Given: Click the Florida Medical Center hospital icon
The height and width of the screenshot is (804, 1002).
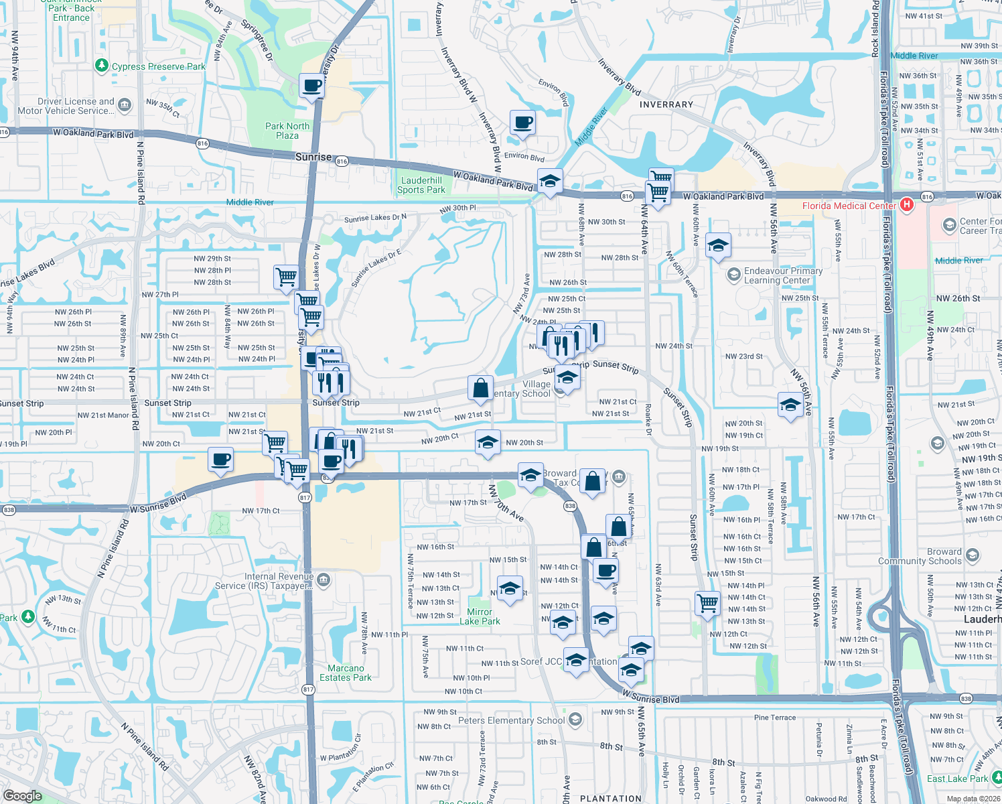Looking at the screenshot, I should pos(907,205).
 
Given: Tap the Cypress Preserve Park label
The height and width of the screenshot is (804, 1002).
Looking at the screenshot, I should pos(158,66).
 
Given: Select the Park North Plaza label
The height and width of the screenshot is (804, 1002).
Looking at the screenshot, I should pos(287,131).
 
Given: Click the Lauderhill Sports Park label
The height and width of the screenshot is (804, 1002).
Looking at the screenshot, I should pos(421,185).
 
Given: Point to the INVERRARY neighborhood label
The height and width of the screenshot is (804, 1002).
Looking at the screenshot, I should pos(666,105).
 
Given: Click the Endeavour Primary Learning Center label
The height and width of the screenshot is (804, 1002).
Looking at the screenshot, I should pos(783,275).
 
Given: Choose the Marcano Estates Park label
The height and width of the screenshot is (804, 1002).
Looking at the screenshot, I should pos(346,673).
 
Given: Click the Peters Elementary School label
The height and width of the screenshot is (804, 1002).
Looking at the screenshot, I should pos(512,720).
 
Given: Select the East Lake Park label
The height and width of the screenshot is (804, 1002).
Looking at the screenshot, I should pos(957,779).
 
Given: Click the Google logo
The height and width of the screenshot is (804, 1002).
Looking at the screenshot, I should pos(22,795).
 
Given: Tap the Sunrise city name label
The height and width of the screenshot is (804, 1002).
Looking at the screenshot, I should pos(313,157).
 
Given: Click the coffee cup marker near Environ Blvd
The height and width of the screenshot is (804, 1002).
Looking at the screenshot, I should pos(522,123).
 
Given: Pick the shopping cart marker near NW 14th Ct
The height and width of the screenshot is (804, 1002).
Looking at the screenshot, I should pos(708,603).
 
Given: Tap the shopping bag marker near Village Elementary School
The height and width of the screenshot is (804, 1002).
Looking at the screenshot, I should pos(480,388).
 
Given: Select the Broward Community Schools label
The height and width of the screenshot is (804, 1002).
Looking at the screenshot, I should pos(920,556).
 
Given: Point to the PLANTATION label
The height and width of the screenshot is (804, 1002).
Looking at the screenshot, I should pos(610,799).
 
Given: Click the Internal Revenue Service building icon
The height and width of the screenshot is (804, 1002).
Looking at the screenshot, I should pos(324,579).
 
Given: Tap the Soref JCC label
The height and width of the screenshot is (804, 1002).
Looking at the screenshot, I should pos(541,661).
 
